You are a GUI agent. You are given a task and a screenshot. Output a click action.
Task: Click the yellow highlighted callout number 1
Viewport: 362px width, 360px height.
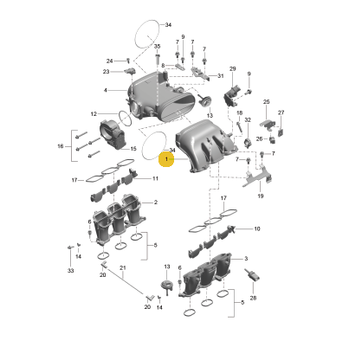pos(166,159)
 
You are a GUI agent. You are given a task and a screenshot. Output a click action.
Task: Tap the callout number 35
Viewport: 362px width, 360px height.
pos(157,46)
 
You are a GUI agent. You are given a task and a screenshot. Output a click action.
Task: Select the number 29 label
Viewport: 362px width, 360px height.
pos(233,68)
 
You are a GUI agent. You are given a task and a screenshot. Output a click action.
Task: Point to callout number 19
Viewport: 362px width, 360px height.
pos(261,196)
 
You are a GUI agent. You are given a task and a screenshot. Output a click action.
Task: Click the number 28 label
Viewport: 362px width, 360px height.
pos(253,298)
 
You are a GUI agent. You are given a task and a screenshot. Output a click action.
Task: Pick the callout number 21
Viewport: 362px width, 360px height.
pos(123,267)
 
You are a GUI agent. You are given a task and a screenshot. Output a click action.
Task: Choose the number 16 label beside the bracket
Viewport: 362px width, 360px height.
pos(61,146)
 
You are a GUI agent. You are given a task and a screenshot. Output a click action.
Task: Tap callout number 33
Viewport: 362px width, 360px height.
pos(71,271)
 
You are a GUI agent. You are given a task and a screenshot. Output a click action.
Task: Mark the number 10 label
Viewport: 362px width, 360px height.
pos(257,228)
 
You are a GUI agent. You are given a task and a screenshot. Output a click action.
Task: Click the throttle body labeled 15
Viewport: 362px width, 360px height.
pos(112,135)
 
